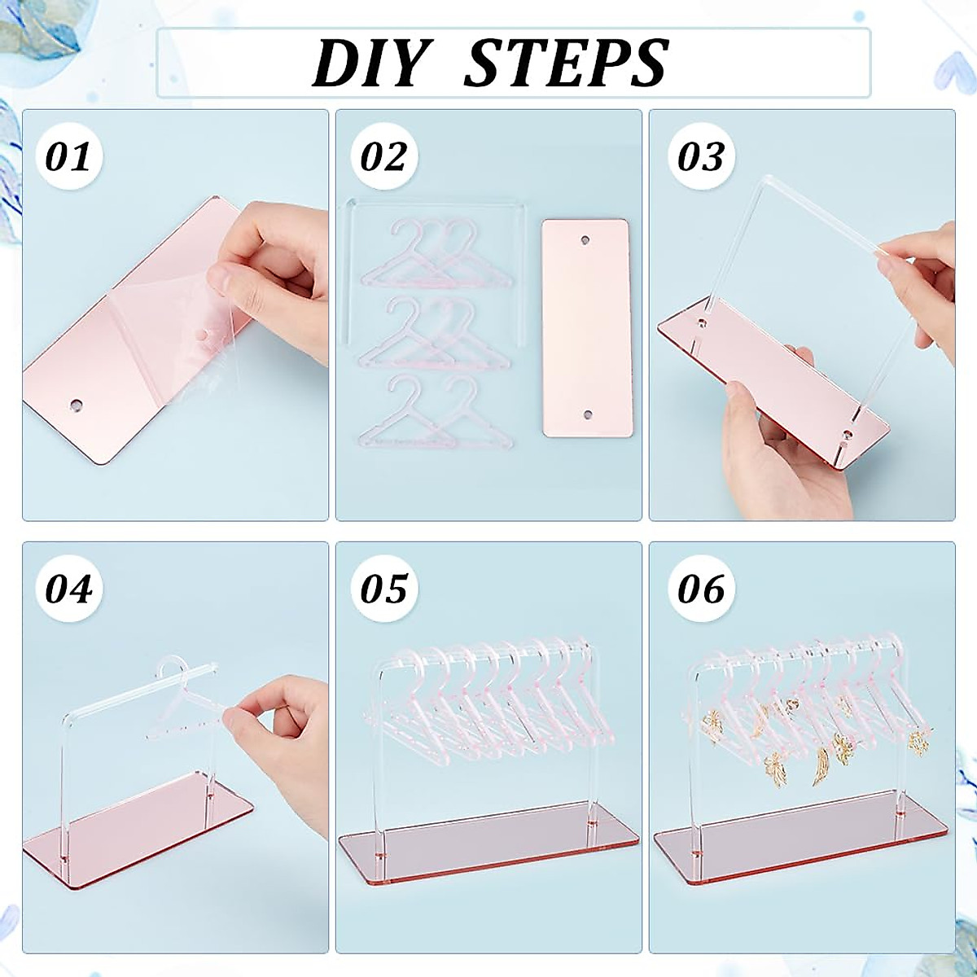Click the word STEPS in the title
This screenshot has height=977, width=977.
pos(566,64)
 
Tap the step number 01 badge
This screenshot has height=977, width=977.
pos(68,156)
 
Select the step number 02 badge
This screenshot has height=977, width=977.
pos(383,156)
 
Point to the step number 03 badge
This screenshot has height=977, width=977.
pos(700,156)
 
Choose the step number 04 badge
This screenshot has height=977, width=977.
pos(68,588)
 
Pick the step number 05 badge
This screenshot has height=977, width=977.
pos(383,588)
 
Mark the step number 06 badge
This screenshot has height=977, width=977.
pos(700,588)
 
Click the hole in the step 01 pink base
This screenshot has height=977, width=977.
pos(76,405)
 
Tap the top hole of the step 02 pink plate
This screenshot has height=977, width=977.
pos(585,242)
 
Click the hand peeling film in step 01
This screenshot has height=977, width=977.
pos(269,269)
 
